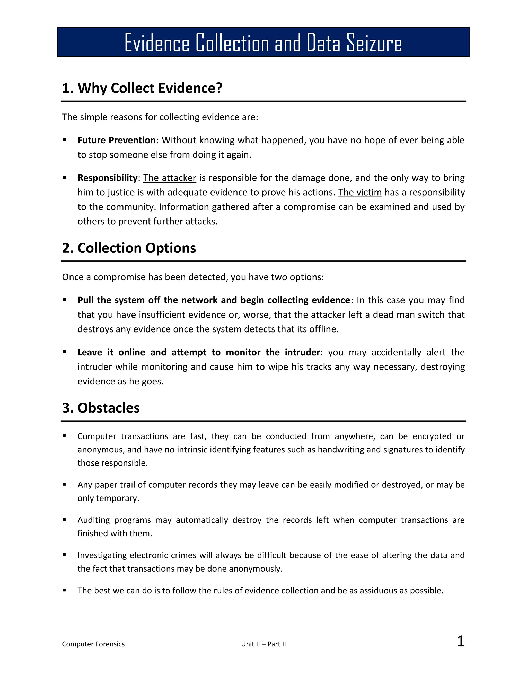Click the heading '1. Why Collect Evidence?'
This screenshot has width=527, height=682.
[x=142, y=88]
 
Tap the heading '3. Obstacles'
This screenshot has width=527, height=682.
[x=101, y=408]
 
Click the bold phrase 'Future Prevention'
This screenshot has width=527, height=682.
[x=117, y=140]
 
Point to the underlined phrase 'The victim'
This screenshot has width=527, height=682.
[x=360, y=192]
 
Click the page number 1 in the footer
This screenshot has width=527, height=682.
[x=461, y=641]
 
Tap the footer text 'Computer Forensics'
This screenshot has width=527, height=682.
[x=93, y=644]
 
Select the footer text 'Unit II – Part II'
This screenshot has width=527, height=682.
[x=263, y=644]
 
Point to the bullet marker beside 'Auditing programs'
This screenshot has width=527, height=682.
[x=64, y=520]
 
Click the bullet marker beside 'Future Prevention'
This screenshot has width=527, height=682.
[x=64, y=140]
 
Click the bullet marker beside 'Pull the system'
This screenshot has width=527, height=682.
[x=64, y=300]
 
